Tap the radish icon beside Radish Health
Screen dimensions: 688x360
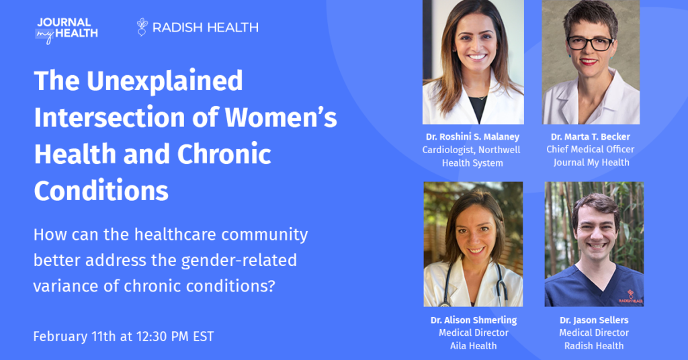coord(142,27)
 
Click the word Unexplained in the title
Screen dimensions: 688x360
coord(165,81)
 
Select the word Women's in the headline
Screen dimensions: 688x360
coord(282,118)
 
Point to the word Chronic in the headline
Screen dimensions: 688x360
coord(224,154)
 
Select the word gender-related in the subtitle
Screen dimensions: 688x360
coord(239,261)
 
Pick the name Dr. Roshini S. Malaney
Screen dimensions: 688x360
coord(472,137)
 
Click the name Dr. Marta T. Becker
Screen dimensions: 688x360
coord(590,137)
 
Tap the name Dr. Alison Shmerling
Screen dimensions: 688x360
coord(474,320)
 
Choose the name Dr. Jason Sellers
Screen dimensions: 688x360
coord(594,320)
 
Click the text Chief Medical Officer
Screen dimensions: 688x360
coord(590,150)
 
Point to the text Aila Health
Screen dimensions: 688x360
coord(474,345)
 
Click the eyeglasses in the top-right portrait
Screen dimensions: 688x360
coord(590,43)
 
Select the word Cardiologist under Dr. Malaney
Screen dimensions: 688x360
coord(448,150)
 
